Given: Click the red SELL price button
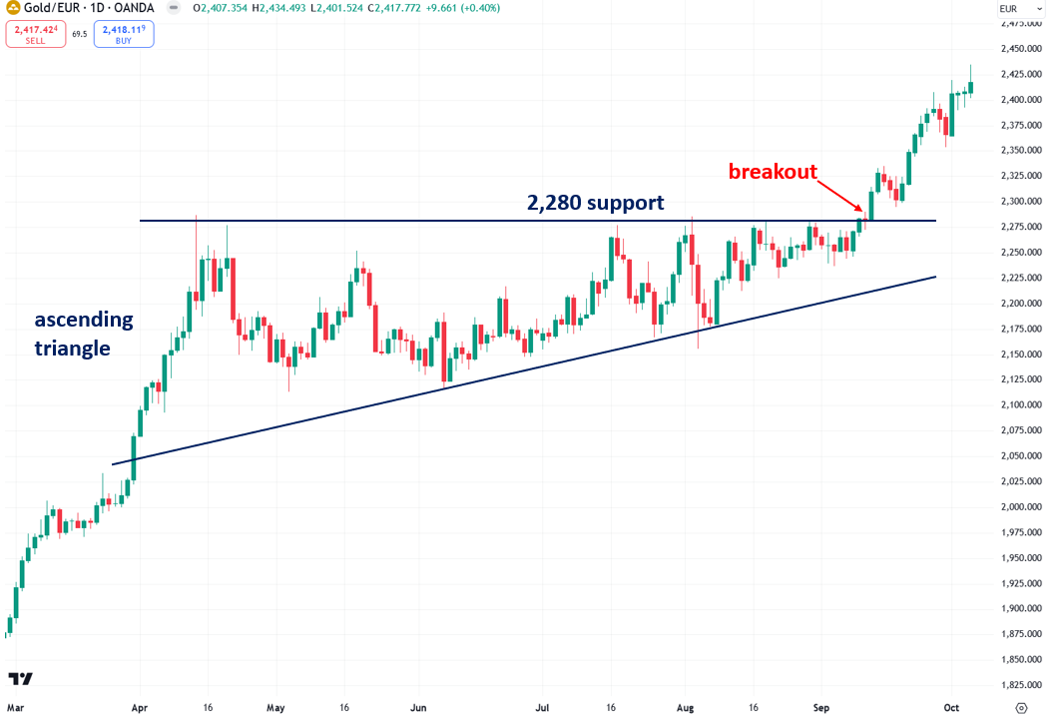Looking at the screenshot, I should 35,34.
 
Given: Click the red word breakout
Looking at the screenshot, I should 772,172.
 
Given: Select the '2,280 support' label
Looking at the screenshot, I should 595,203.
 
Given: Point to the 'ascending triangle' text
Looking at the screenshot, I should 84,335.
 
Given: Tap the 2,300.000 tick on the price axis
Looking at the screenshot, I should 1020,201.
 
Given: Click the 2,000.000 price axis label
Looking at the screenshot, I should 1020,507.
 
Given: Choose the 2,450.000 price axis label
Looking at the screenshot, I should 1020,48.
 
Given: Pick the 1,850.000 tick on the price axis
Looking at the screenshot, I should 1020,660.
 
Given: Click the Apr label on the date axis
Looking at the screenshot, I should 140,707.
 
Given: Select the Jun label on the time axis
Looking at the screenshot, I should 419,707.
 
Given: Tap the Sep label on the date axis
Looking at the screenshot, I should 820,707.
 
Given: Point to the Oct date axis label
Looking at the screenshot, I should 952,707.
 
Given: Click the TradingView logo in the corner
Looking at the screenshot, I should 21,679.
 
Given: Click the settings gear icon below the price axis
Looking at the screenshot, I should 1020,707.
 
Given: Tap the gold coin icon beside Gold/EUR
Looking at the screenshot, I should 13,9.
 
